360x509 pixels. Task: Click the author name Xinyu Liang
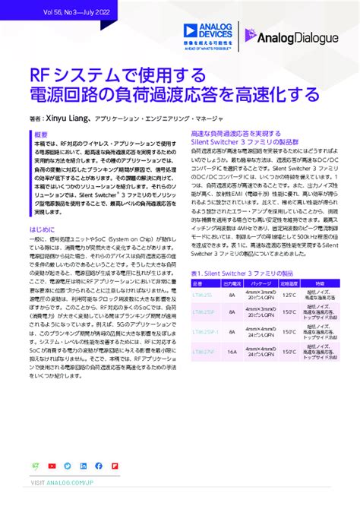coord(69,119)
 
